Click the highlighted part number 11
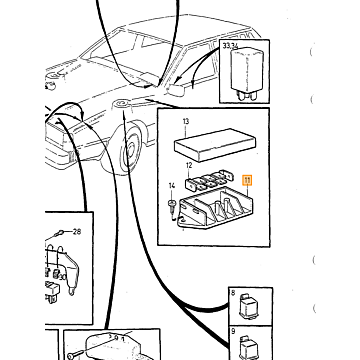pyautogui.click(x=248, y=180)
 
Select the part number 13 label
pyautogui.click(x=186, y=122)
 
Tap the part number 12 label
pyautogui.click(x=189, y=165)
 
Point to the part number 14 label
pyautogui.click(x=172, y=186)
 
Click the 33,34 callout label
pyautogui.click(x=230, y=46)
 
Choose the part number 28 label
pyautogui.click(x=77, y=231)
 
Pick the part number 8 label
pyautogui.click(x=233, y=293)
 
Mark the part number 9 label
pyautogui.click(x=233, y=331)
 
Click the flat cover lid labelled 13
pyautogui.click(x=214, y=145)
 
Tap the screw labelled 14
pyautogui.click(x=172, y=207)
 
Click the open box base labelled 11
pyautogui.click(x=216, y=209)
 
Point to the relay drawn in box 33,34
pyautogui.click(x=247, y=73)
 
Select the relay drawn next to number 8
pyautogui.click(x=250, y=306)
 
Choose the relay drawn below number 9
pyautogui.click(x=250, y=347)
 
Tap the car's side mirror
pyautogui.click(x=177, y=90)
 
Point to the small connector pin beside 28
pyautogui.click(x=61, y=232)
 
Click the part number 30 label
pyautogui.click(x=63, y=276)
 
